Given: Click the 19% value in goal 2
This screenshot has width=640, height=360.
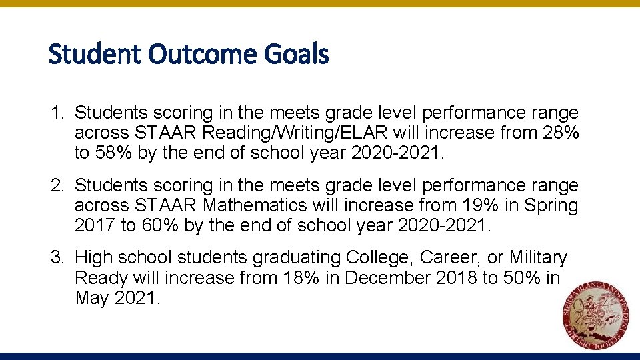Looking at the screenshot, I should coord(471,205).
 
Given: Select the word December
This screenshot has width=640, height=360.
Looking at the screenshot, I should coord(379,277).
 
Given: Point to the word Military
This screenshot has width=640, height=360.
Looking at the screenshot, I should coord(538,257).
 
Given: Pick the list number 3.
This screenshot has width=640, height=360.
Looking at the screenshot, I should coord(57,257).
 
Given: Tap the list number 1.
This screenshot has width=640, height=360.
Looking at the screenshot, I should coord(57,113).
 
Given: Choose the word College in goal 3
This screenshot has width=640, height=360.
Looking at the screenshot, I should coord(381,257).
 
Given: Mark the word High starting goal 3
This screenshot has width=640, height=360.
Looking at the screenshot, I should coord(93,257).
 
